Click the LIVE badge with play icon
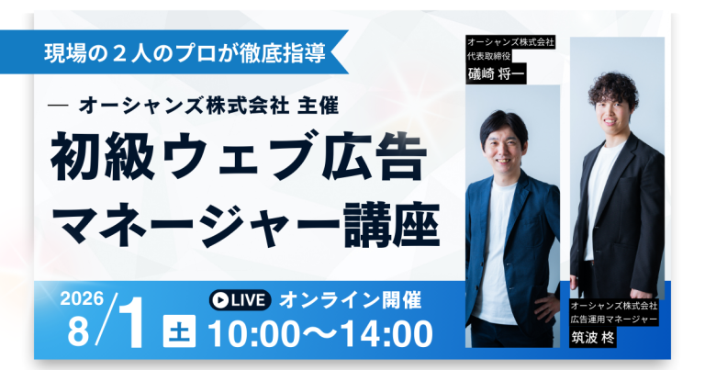[x=239, y=299]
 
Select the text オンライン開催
[x=351, y=299]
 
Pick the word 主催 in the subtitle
[x=319, y=106]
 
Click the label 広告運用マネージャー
[x=615, y=319]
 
